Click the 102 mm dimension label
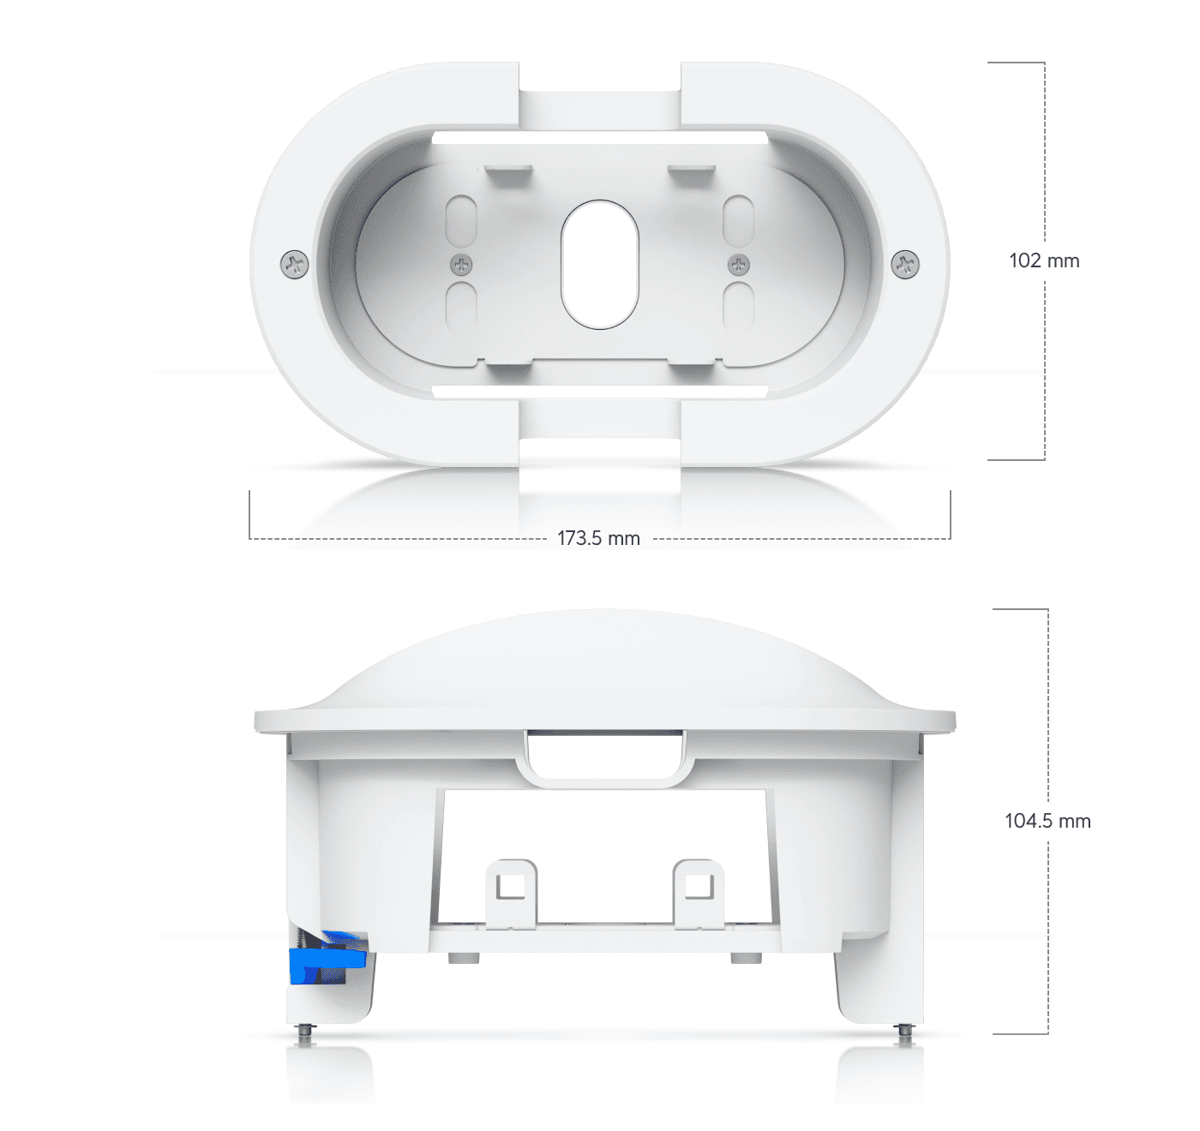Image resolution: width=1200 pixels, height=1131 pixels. (x=1044, y=260)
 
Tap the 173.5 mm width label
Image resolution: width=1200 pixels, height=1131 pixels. (x=598, y=538)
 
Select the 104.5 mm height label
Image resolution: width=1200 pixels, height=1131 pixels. (x=1047, y=821)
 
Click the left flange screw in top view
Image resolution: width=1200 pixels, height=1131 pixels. (x=295, y=264)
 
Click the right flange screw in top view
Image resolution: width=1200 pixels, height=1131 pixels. (x=905, y=264)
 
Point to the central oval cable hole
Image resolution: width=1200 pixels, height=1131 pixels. (x=600, y=264)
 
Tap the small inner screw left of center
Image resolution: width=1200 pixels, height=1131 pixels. (x=462, y=264)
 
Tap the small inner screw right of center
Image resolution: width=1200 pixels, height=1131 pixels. (x=738, y=264)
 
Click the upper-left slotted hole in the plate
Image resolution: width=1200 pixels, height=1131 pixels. (x=461, y=220)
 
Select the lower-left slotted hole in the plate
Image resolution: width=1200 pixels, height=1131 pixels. (x=461, y=306)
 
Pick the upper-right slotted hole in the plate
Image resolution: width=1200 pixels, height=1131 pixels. (x=738, y=220)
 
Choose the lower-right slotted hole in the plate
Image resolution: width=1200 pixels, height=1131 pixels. (x=738, y=306)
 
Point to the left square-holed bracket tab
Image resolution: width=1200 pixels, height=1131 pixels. (x=512, y=893)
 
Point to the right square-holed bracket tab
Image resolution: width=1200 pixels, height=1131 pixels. (x=699, y=893)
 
